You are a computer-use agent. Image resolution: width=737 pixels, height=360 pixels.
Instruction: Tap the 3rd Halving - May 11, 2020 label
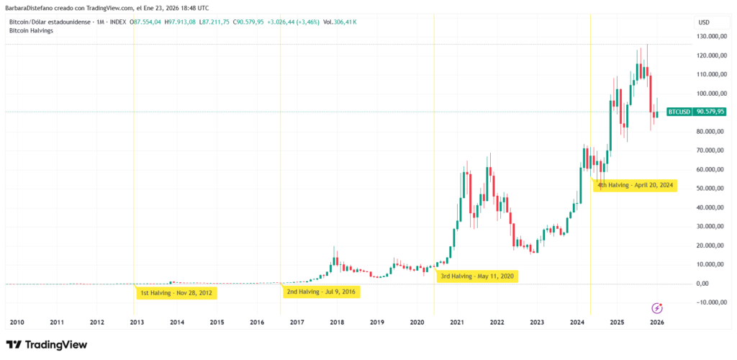pyautogui.click(x=478, y=276)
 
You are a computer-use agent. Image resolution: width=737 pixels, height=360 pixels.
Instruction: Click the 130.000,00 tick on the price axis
pyautogui.click(x=710, y=36)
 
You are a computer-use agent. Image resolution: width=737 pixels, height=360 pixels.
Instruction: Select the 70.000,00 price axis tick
pyautogui.click(x=710, y=150)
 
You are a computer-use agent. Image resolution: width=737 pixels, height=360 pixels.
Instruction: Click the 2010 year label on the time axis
pyautogui.click(x=17, y=322)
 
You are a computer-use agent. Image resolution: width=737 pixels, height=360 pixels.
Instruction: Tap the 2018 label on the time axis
pyautogui.click(x=337, y=322)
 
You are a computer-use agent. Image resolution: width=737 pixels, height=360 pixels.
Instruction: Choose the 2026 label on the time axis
pyautogui.click(x=656, y=322)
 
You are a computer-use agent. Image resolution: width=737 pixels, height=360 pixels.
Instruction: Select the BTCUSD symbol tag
pyautogui.click(x=679, y=112)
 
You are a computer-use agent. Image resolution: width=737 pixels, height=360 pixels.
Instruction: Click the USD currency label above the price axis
pyautogui.click(x=704, y=22)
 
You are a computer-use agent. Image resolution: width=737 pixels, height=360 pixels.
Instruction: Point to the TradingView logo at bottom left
pyautogui.click(x=47, y=345)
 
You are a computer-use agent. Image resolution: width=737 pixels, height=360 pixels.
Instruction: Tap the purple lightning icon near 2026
pyautogui.click(x=656, y=307)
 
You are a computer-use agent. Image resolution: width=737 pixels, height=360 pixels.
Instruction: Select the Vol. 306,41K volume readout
pyautogui.click(x=340, y=22)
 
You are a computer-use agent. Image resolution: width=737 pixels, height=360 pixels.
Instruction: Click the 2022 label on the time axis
pyautogui.click(x=497, y=322)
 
